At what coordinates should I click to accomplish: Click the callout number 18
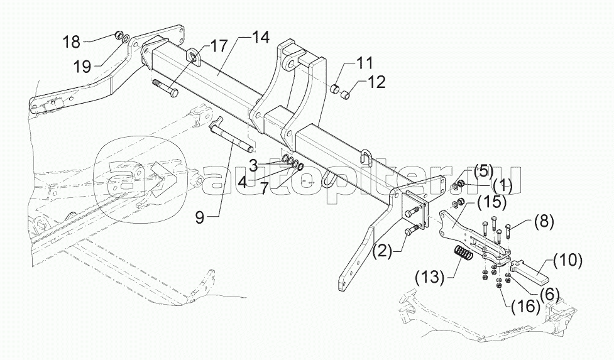click(72, 43)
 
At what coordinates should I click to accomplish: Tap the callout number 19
click(83, 64)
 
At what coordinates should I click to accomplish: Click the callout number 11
click(364, 63)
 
